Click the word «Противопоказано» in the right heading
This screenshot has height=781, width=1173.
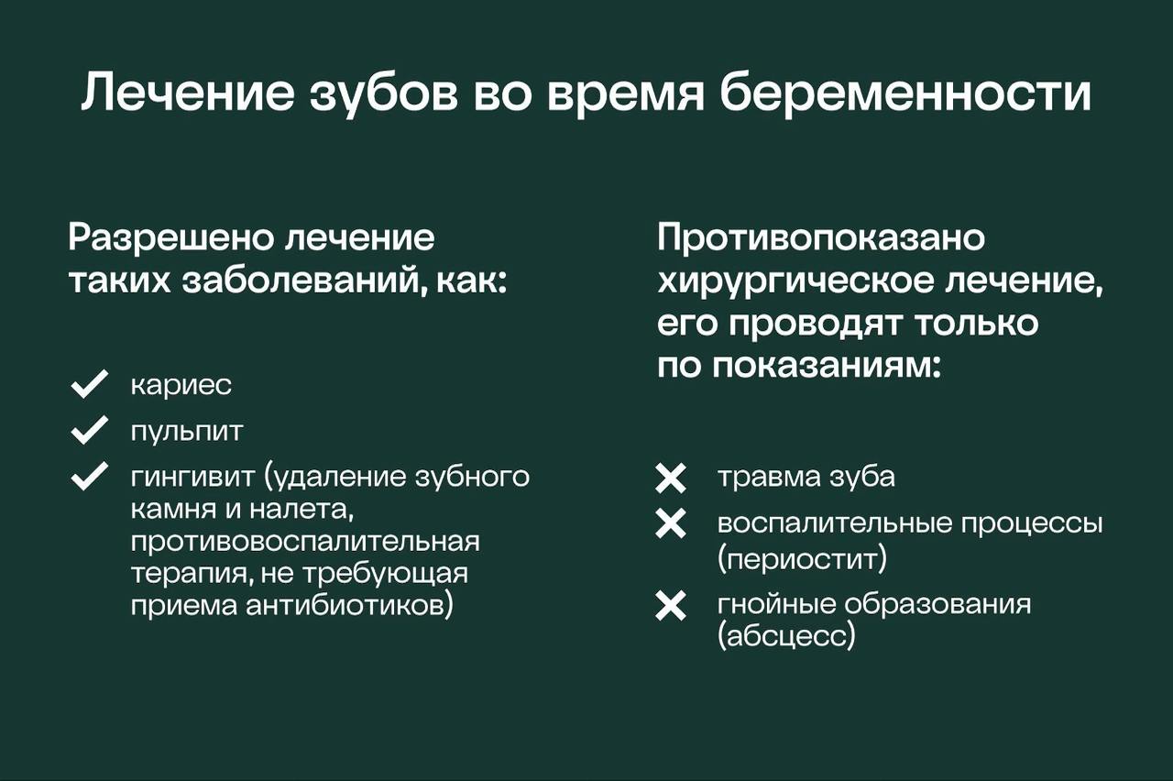pyautogui.click(x=821, y=238)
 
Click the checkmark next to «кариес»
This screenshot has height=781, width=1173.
pyautogui.click(x=89, y=385)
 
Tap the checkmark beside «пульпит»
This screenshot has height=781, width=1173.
pyautogui.click(x=89, y=430)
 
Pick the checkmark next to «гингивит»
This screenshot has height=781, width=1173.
pyautogui.click(x=89, y=478)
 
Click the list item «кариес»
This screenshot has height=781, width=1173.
pyautogui.click(x=181, y=386)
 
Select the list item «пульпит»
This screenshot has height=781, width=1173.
pyautogui.click(x=187, y=431)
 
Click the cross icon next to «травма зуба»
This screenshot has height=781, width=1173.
pyautogui.click(x=671, y=478)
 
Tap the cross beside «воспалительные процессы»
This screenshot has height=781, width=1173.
pyautogui.click(x=671, y=523)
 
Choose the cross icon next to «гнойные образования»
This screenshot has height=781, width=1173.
pyautogui.click(x=671, y=606)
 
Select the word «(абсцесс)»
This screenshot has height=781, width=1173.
pyautogui.click(x=786, y=637)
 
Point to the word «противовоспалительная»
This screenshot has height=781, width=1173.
pyautogui.click(x=305, y=541)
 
